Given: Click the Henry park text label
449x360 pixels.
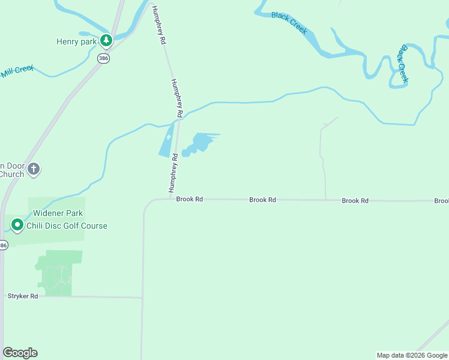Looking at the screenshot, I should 76,42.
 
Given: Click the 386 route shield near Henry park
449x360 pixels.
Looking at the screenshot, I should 103,58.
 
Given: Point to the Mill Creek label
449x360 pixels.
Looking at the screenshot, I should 17,71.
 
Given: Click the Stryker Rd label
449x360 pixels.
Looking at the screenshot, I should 23,296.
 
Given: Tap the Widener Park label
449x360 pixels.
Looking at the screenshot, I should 58,213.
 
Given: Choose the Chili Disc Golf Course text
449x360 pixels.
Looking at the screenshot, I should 70,226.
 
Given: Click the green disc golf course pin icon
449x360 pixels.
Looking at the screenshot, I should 17,226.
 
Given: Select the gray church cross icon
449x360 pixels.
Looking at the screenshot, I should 34,169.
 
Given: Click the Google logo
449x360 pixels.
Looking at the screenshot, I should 20,353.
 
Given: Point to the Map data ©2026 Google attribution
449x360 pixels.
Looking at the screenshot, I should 412,355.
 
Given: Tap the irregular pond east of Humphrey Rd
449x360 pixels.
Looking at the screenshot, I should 199,144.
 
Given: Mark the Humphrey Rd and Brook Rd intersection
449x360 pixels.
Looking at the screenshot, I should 172,199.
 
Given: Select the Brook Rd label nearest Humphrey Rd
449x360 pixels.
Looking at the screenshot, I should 190,199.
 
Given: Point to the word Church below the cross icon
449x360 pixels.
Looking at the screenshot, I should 12,175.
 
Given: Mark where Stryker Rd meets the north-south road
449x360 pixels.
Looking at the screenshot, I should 142,297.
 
